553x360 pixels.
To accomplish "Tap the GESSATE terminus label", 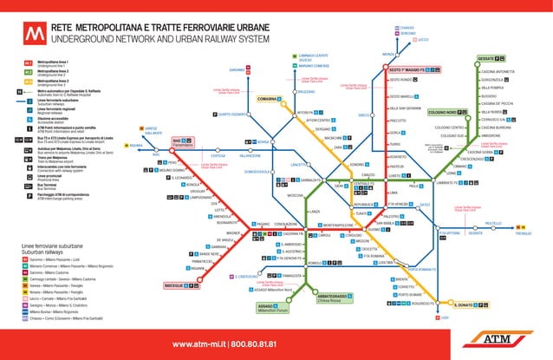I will tap(486, 58).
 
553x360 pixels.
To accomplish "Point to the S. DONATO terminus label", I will tap(466, 304).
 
